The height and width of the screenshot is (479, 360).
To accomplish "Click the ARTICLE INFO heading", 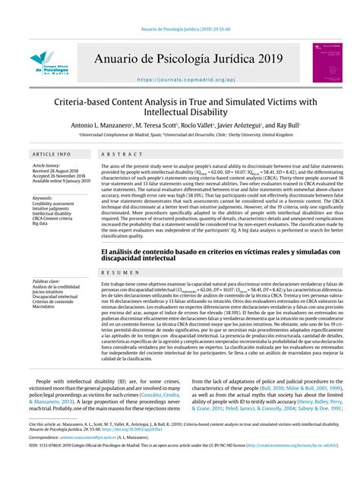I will coord(52,153).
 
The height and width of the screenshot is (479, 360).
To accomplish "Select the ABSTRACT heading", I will coord(117,153).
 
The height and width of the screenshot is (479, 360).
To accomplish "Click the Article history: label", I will coord(46,165).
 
